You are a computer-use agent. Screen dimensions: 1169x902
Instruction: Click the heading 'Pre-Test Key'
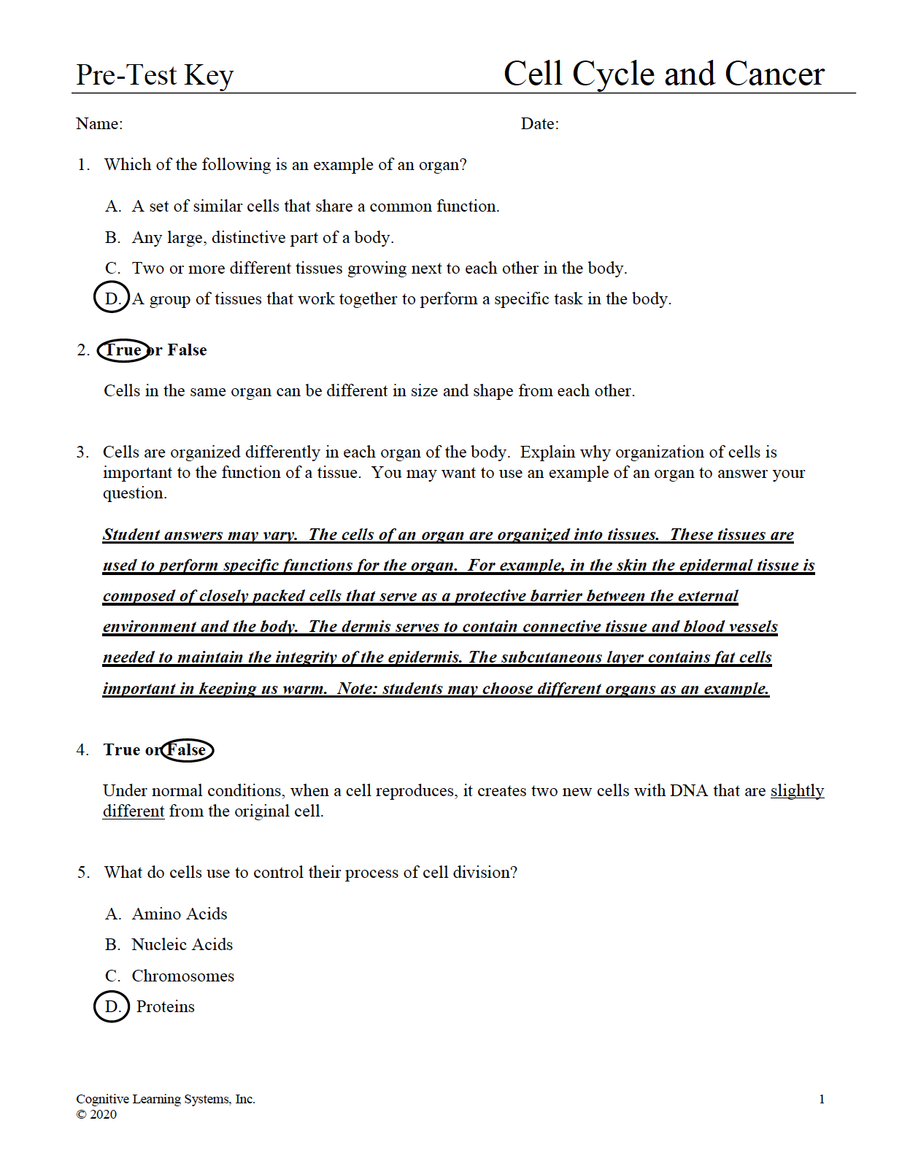click(155, 75)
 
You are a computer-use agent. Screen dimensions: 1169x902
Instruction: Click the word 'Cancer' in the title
click(774, 74)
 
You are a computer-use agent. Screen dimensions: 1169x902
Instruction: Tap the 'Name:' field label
click(99, 124)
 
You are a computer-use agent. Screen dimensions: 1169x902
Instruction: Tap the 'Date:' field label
click(539, 124)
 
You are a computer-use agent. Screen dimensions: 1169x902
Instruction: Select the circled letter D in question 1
click(112, 298)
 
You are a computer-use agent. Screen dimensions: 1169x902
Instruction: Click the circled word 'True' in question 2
click(123, 350)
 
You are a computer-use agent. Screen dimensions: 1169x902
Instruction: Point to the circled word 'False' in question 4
click(187, 750)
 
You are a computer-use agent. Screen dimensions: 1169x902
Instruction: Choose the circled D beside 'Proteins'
click(112, 1007)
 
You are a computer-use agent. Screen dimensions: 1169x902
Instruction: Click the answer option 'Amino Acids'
click(180, 914)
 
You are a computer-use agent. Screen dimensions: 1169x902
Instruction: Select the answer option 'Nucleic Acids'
click(182, 945)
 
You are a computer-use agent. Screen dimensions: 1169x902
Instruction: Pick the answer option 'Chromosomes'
click(182, 976)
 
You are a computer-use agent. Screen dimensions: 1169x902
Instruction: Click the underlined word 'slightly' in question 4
click(797, 791)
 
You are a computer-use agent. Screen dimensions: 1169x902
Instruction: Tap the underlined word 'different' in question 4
click(134, 811)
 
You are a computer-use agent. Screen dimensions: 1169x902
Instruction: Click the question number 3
click(82, 452)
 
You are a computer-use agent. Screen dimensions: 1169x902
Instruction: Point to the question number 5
click(83, 873)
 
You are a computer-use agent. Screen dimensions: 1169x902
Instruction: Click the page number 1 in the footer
click(822, 1100)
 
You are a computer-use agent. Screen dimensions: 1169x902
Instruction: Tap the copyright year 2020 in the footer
click(103, 1114)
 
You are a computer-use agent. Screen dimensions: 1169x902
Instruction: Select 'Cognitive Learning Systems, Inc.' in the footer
click(166, 1100)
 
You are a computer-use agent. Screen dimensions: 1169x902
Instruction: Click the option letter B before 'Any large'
click(112, 238)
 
